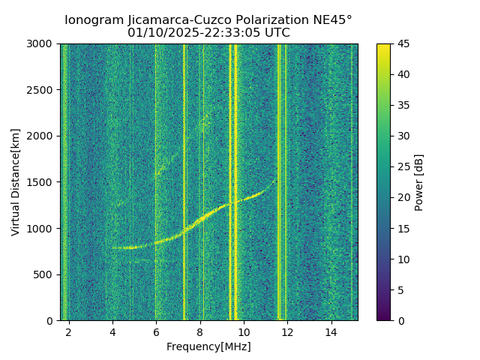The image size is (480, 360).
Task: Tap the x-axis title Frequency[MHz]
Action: tap(209, 346)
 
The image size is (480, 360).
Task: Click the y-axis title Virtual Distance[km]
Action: tap(16, 182)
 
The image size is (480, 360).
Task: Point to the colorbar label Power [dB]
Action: tap(419, 182)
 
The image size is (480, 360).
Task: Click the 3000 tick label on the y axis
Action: tap(42, 44)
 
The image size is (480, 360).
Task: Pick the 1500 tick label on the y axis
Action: tap(42, 182)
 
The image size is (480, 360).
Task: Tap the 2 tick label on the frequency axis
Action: tap(69, 331)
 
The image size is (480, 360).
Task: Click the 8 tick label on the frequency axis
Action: tap(200, 331)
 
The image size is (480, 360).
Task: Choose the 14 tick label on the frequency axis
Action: tap(331, 331)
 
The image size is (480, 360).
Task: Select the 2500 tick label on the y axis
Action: tap(42, 90)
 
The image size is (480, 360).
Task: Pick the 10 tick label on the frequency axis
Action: tap(244, 331)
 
